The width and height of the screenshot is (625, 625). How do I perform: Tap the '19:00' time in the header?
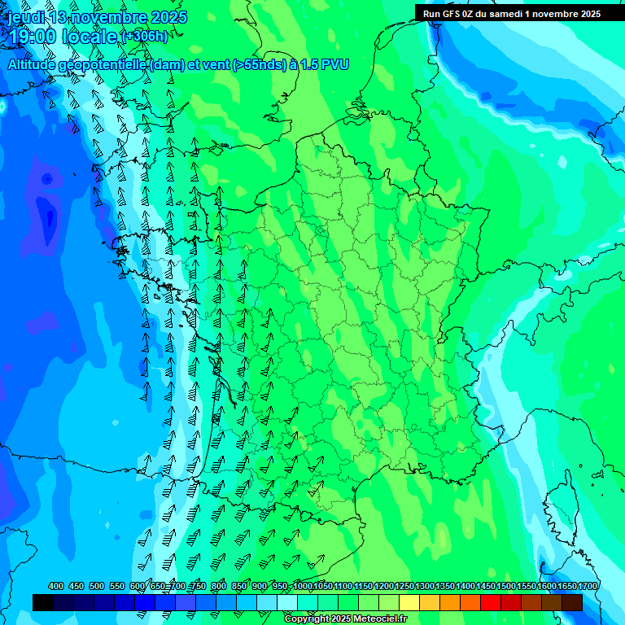coord(33,37)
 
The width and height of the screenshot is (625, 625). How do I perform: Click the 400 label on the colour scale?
coord(56,587)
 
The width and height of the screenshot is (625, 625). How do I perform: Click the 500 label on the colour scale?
coord(97,587)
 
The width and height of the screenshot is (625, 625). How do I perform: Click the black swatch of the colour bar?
coord(43,602)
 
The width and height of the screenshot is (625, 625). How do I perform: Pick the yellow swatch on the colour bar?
coord(409,602)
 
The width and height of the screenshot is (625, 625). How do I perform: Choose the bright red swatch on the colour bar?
coord(491,602)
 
